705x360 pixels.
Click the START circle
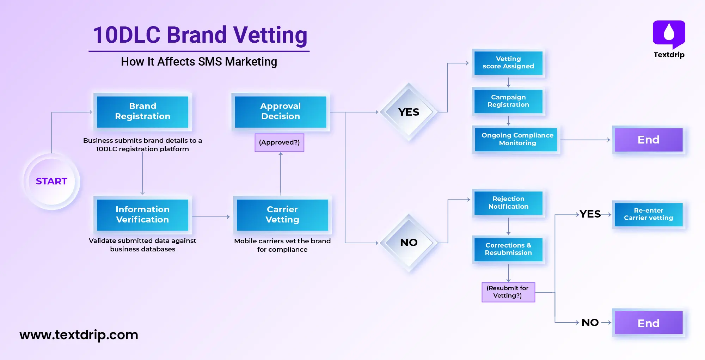[51, 181]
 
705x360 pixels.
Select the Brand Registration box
[142, 111]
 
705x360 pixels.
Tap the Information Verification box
[142, 215]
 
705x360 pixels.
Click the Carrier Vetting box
[282, 215]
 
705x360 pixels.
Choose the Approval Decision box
[280, 111]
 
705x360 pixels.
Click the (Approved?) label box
[279, 142]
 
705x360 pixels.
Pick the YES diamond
[409, 112]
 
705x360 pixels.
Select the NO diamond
[409, 243]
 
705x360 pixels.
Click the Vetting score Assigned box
[508, 63]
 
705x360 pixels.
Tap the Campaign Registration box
[508, 101]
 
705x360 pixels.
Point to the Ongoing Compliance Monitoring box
[517, 139]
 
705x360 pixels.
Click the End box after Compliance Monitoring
[648, 140]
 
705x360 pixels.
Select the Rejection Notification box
[508, 203]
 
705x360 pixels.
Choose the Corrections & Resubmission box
[508, 249]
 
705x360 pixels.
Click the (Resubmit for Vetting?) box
[508, 292]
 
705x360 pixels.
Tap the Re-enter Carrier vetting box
[648, 214]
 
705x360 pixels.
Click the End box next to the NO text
[648, 323]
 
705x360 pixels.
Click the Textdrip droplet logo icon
[669, 33]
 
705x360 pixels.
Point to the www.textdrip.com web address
[79, 335]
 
